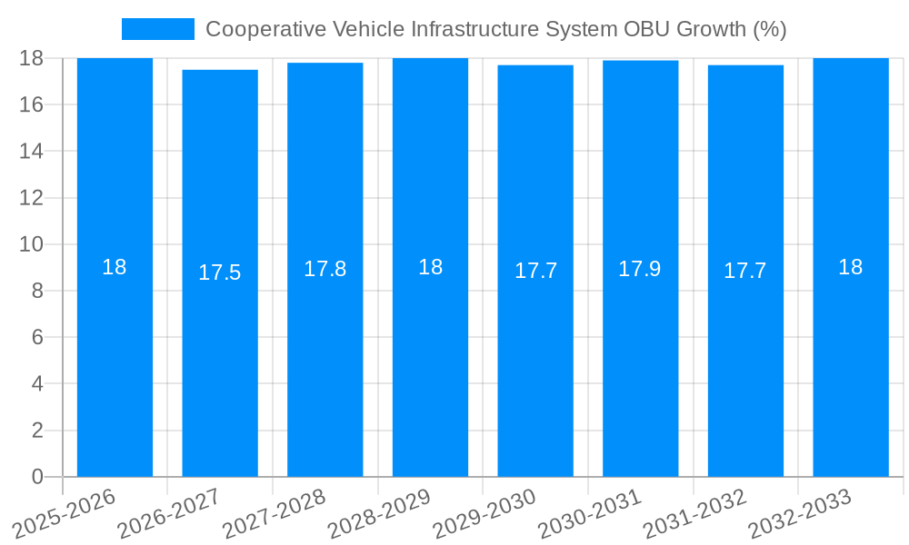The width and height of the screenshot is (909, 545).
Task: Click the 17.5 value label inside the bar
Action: pyautogui.click(x=220, y=272)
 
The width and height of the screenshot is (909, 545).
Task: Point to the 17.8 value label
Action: pyautogui.click(x=325, y=269)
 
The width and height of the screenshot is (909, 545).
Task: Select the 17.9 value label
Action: pyautogui.click(x=640, y=269)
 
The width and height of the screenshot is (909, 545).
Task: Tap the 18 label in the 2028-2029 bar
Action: pyautogui.click(x=430, y=267)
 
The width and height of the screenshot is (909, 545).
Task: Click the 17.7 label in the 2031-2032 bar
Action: pyautogui.click(x=745, y=271)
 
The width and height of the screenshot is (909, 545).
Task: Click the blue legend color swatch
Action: pyautogui.click(x=158, y=29)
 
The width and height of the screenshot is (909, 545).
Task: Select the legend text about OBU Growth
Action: pyautogui.click(x=495, y=29)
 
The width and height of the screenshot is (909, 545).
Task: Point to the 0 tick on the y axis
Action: pyautogui.click(x=37, y=477)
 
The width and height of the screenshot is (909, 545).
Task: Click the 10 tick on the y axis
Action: pyautogui.click(x=32, y=244)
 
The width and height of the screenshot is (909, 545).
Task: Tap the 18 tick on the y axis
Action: pyautogui.click(x=32, y=58)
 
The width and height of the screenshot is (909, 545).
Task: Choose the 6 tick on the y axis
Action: pyautogui.click(x=37, y=337)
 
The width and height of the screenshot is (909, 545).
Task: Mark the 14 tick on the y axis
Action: pyautogui.click(x=32, y=151)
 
